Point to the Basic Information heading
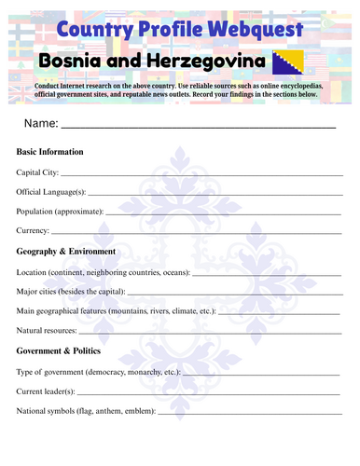coord(50,151)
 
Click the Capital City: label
coord(37,172)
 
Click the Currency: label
coord(33,230)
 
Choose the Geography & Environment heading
coord(66,252)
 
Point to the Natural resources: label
coord(47,331)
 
